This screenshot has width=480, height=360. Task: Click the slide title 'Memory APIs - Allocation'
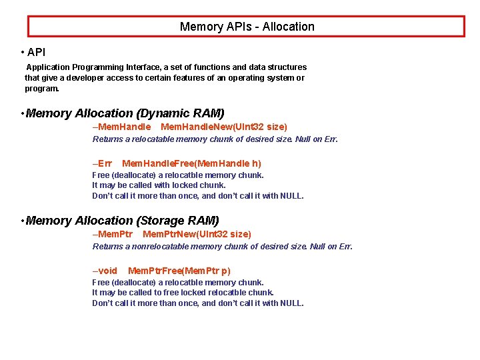point(247,27)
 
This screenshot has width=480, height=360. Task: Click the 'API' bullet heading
point(37,52)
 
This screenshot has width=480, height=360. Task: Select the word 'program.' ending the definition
point(42,88)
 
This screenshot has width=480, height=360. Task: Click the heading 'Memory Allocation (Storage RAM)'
point(122,221)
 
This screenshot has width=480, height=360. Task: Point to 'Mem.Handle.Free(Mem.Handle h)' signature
point(191,163)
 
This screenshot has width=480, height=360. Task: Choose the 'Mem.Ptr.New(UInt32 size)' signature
point(197,235)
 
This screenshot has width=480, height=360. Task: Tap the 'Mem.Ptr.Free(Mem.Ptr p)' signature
point(179,271)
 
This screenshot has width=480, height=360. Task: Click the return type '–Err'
point(102,163)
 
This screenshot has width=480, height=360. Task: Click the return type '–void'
point(105,271)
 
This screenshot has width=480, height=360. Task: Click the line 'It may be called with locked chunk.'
point(159,185)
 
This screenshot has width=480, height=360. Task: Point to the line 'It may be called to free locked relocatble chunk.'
point(183,292)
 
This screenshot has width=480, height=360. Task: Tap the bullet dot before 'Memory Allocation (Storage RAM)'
point(22,221)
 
